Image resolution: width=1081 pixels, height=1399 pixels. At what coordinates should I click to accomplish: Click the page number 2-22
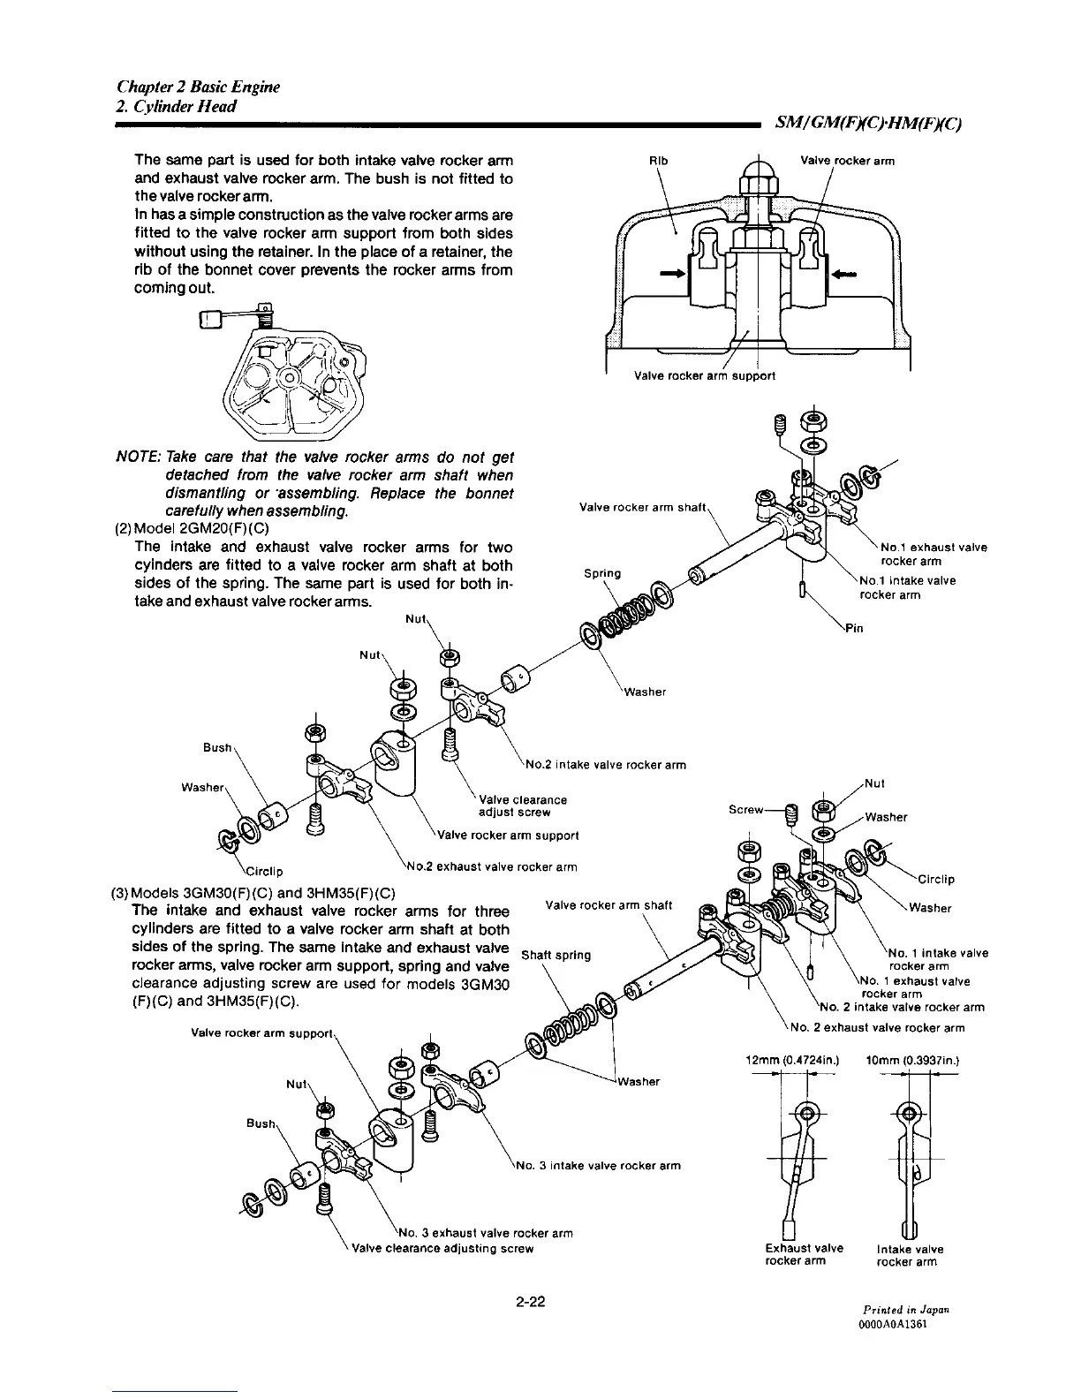pos(533,1300)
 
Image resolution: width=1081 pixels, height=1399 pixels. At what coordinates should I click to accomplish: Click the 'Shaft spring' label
pos(555,955)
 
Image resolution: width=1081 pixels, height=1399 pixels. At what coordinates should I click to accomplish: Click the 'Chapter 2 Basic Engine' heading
pos(198,87)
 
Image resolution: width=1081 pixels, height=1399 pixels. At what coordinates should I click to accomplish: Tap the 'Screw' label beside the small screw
pos(747,808)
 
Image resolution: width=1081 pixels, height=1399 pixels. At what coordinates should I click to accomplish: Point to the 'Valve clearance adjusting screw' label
pos(442,1248)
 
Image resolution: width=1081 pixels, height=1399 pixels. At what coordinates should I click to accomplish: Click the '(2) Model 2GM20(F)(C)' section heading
pos(188,529)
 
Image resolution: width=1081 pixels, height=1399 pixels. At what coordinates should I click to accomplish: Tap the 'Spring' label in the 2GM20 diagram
pos(602,572)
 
